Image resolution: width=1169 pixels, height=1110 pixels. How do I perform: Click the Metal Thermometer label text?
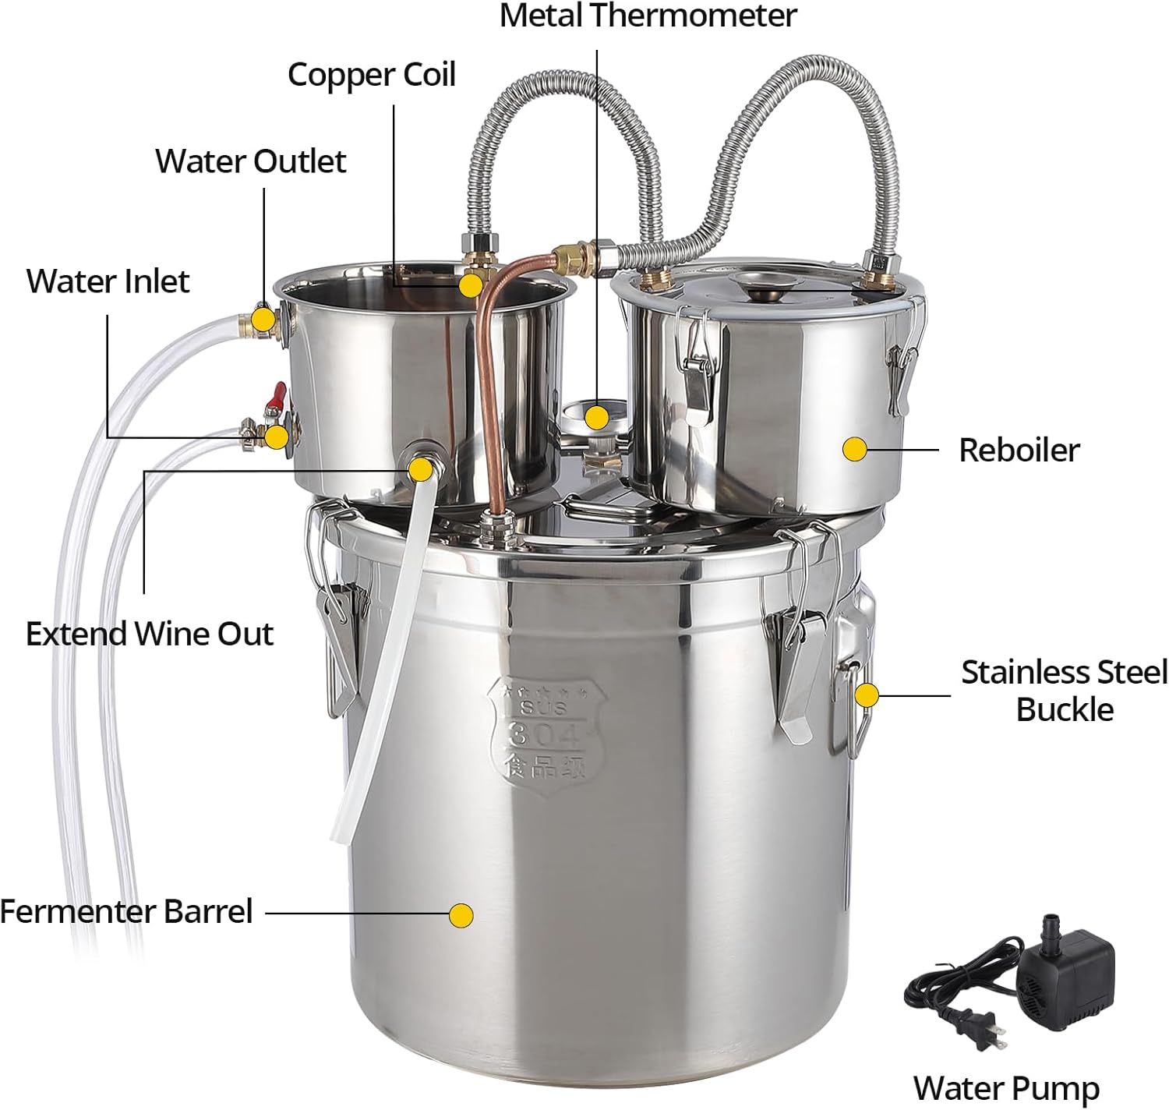(x=648, y=16)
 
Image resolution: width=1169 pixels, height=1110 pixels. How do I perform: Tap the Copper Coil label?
(x=371, y=75)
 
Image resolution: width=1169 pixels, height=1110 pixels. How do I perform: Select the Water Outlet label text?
(x=250, y=161)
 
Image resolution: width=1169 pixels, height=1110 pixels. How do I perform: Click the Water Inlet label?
(x=108, y=281)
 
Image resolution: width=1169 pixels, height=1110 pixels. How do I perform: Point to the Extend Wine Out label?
(x=149, y=634)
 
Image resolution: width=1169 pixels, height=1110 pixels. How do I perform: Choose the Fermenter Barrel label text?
(x=126, y=911)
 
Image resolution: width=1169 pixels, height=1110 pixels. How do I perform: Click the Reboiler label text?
(x=1019, y=450)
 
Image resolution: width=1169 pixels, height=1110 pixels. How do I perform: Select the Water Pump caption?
(x=1005, y=1087)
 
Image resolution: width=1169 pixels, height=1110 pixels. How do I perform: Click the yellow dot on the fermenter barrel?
(x=461, y=915)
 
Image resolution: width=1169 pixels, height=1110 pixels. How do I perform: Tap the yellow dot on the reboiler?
(x=855, y=449)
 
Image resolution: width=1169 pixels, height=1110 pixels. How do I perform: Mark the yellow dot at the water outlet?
(x=263, y=319)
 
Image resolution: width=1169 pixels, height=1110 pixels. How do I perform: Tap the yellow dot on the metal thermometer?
(x=597, y=416)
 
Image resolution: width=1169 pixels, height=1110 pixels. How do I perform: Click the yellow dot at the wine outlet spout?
(x=421, y=468)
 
